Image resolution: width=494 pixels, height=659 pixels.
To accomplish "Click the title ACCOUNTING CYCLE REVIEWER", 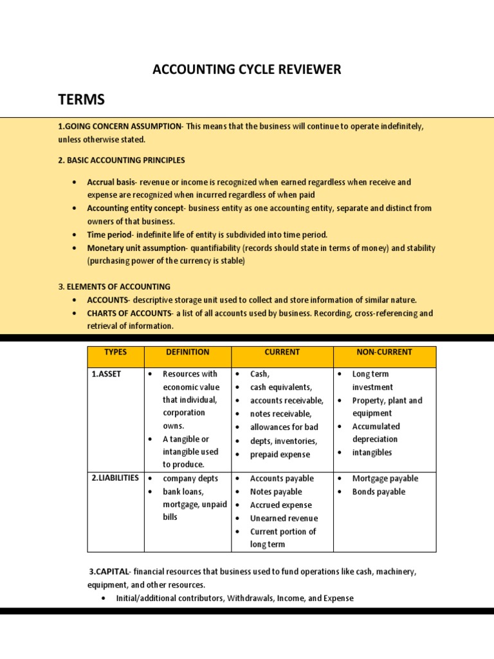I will coord(246,70).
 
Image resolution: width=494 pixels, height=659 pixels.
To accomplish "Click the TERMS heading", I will coord(81,100).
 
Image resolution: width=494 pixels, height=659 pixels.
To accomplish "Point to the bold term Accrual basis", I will coord(111,182).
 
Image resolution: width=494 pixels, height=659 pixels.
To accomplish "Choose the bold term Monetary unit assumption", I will coord(136,248).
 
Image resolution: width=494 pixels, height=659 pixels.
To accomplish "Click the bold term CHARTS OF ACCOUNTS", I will coord(129,313).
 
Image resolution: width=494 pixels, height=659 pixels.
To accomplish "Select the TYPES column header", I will coord(116,353).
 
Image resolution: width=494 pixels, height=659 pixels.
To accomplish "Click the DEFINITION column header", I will coord(187,353).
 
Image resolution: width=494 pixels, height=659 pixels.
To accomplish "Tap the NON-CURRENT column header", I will coord(384,353).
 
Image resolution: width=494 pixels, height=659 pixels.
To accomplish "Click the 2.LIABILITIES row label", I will coord(115,478).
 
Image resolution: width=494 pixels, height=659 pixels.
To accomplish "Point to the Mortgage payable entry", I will coord(385,479).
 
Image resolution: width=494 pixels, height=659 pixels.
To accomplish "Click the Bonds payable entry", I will coord(378,492).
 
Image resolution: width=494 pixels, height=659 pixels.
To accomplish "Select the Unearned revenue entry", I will coord(284,519).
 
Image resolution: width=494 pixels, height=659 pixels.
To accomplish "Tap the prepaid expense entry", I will coord(280,455).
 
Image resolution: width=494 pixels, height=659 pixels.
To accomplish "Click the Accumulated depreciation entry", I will coord(376,432).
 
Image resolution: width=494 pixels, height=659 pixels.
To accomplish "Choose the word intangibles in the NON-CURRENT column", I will coord(372,452).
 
